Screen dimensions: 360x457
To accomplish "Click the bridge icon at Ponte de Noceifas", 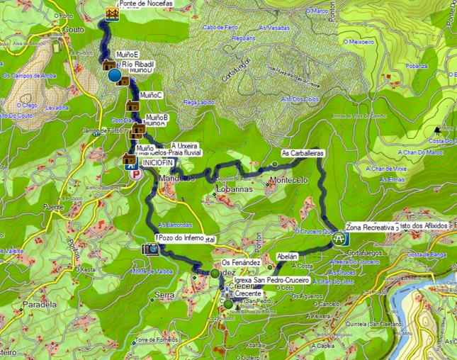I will (x=111, y=13).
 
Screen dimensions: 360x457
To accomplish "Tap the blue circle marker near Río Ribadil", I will (x=114, y=74).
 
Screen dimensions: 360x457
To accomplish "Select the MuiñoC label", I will (x=152, y=95).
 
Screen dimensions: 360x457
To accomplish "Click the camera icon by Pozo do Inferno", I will (x=150, y=249).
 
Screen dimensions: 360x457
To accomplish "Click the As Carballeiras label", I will (x=303, y=153).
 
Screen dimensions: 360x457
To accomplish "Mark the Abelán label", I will (x=287, y=256).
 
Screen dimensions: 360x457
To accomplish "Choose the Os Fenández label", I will (x=242, y=262).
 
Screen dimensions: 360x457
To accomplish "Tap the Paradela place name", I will (x=40, y=305).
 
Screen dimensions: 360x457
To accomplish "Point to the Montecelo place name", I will (x=288, y=181).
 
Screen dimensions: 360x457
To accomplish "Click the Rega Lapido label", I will (x=198, y=102).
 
